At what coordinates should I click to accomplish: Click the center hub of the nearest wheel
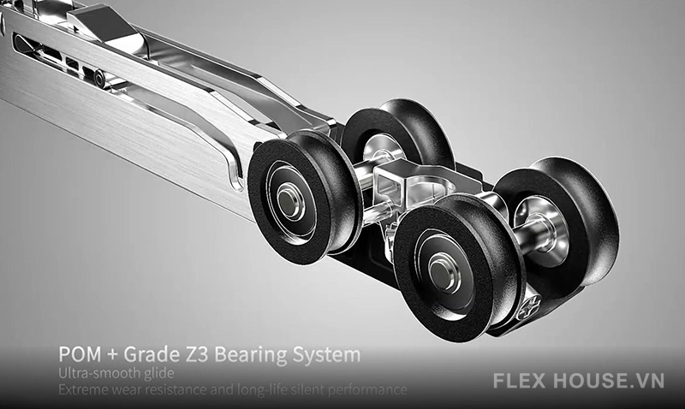coord(445,272)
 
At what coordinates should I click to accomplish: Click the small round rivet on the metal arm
coord(100,78)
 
